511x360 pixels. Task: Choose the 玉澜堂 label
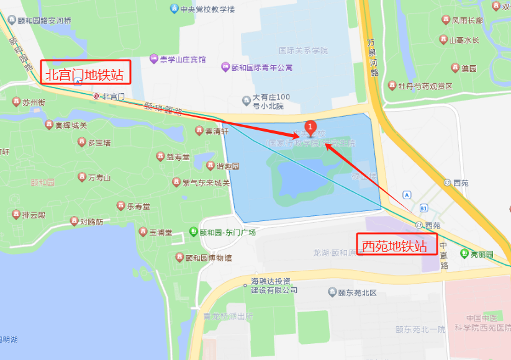pos(160,232)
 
